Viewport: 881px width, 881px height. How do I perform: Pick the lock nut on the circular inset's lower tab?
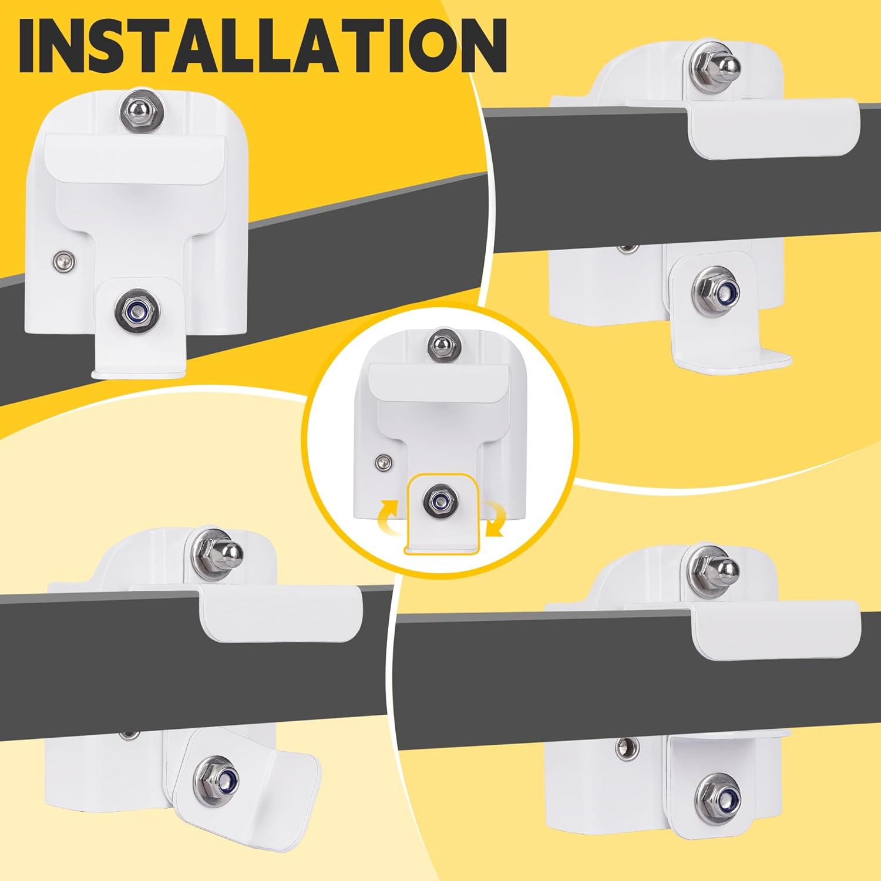pyautogui.click(x=439, y=500)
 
